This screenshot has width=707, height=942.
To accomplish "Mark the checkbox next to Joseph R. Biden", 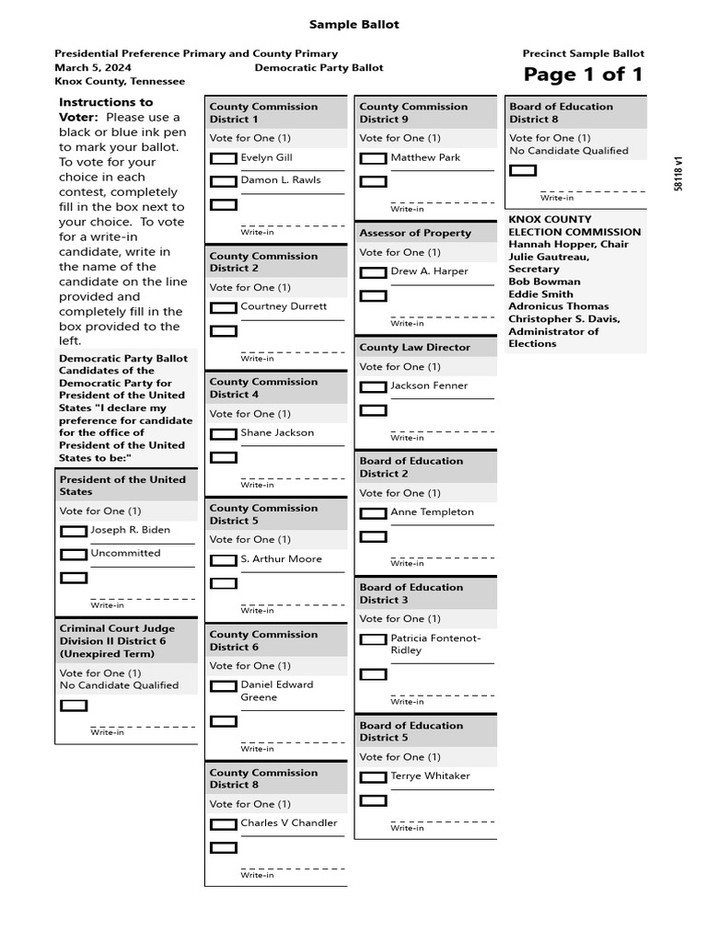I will click(x=74, y=531).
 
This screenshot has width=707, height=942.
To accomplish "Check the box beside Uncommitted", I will click(x=74, y=554).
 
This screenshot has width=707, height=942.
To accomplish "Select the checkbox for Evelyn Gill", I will click(x=224, y=158).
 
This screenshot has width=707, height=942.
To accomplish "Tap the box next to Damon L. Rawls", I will click(x=224, y=181).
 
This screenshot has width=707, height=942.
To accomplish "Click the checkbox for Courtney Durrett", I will click(x=224, y=307).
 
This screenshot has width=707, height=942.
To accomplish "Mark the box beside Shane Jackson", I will click(x=224, y=433).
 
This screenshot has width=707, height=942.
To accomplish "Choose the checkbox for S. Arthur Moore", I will click(x=224, y=559).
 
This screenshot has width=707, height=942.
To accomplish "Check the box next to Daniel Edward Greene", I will click(x=224, y=685).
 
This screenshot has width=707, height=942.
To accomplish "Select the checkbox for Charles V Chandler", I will click(x=224, y=824).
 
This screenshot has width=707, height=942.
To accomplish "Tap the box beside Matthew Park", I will click(x=373, y=158).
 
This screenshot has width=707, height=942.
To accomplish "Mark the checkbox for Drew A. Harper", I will click(x=373, y=272).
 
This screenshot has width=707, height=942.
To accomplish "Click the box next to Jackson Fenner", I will click(x=373, y=386).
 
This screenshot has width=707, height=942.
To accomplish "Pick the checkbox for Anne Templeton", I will click(x=373, y=512).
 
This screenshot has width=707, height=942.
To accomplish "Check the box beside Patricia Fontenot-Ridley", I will click(x=373, y=639).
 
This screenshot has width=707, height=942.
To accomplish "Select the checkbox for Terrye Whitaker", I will click(x=373, y=777).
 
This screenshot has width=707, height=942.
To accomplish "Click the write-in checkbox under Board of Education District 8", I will click(x=523, y=170).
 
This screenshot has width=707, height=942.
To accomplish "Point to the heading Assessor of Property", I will click(x=415, y=234).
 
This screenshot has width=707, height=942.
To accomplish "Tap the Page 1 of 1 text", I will click(x=583, y=75).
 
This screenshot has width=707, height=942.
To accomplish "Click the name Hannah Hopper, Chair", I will click(x=568, y=245).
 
